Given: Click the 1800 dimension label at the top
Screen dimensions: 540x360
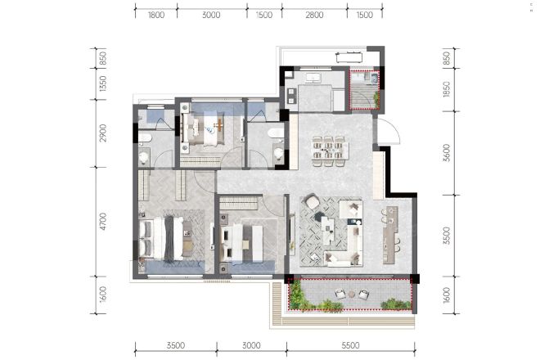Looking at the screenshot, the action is (x=156, y=16).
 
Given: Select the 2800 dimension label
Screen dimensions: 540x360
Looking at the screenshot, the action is (x=314, y=16).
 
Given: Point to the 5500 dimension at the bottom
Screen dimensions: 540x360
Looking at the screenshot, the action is (x=350, y=345).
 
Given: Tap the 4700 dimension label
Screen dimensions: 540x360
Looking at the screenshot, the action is (x=102, y=222).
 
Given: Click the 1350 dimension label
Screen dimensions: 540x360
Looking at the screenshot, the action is (x=102, y=83).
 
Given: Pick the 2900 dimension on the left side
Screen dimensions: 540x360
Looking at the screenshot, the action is (x=102, y=133).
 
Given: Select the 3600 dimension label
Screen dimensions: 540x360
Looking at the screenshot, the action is (x=447, y=153).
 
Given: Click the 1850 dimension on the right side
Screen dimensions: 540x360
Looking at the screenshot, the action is (x=447, y=89).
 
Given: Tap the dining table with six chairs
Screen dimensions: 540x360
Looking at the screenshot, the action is (x=329, y=151).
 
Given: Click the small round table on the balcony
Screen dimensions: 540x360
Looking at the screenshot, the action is (x=351, y=295).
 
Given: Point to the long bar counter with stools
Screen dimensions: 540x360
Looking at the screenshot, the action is (x=390, y=235).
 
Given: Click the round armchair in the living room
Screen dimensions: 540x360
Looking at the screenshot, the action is (x=312, y=202).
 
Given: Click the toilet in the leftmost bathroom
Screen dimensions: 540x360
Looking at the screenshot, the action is (x=144, y=158).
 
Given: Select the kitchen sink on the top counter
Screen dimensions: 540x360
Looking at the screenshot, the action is (x=313, y=78).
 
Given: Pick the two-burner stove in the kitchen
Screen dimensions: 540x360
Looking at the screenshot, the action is (x=292, y=96).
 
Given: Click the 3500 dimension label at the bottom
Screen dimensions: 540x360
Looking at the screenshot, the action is (x=176, y=345).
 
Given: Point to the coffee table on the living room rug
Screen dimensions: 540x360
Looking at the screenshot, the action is (x=327, y=229).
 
